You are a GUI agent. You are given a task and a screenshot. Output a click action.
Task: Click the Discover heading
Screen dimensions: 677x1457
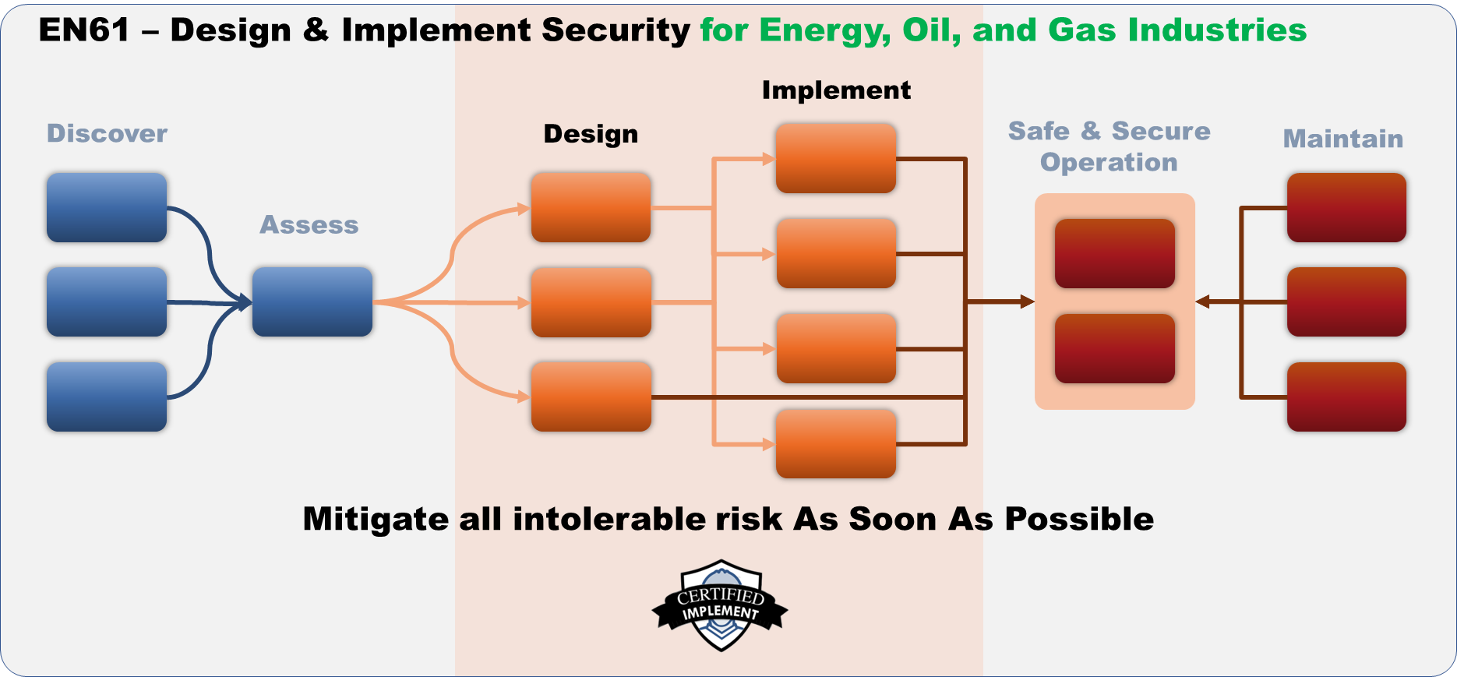[108, 133]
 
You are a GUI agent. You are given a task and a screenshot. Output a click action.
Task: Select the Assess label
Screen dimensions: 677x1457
[309, 224]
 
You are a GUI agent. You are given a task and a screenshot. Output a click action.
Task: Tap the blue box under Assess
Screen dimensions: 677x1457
[312, 301]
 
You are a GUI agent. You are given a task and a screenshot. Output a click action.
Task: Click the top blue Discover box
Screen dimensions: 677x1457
[107, 207]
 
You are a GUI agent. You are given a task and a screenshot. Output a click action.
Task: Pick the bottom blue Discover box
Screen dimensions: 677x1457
[107, 397]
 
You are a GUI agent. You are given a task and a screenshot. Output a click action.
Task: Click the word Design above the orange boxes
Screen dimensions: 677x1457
[591, 134]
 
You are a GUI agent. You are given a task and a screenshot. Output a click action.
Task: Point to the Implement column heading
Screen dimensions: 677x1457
[836, 90]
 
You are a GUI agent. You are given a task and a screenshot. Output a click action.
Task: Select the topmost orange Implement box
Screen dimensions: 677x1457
[836, 158]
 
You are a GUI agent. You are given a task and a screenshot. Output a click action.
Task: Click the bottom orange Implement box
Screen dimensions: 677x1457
[836, 443]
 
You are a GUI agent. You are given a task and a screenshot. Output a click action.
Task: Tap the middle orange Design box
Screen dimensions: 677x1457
[591, 302]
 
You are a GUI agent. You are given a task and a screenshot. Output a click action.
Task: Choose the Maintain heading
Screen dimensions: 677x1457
[1343, 139]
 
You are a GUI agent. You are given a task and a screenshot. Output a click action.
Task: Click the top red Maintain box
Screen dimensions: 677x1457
[1346, 207]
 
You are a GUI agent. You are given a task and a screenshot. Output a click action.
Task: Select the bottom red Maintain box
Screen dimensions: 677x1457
[1346, 397]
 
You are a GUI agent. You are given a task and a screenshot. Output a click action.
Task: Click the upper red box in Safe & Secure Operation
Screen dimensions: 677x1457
[1114, 253]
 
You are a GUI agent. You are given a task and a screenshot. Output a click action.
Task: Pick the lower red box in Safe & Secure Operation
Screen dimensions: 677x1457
[1114, 348]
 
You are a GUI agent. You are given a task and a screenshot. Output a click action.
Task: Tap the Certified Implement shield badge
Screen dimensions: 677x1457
[721, 605]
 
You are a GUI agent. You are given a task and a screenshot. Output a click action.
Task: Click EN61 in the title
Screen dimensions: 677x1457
[84, 30]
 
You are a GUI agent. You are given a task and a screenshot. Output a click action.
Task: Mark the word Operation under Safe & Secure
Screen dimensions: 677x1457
[1109, 162]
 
